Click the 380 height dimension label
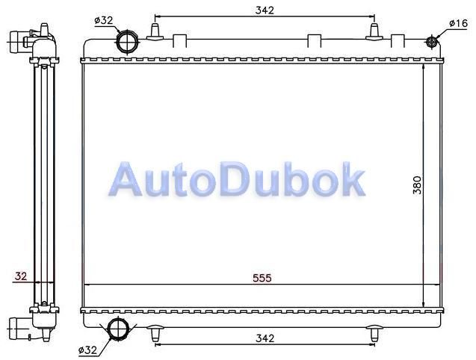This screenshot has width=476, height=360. point(418,185)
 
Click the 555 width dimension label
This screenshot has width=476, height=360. point(262,278)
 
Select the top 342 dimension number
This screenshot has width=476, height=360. point(265,10)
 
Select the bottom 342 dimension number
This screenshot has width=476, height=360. point(265,338)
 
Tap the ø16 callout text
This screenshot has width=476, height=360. point(458,23)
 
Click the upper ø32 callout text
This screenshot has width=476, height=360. point(104,20)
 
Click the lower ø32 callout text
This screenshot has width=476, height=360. point(87,350)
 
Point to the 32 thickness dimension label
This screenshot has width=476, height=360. point(21,276)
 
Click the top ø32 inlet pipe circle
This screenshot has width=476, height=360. point(127,42)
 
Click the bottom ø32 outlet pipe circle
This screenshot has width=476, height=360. point(118,328)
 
